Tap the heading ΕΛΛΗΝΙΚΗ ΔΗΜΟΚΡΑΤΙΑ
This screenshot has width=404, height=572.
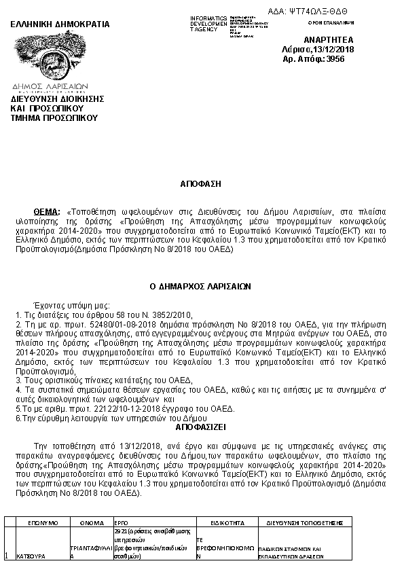click(x=59, y=24)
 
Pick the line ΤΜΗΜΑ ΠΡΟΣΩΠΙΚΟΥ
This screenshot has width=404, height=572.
click(x=54, y=118)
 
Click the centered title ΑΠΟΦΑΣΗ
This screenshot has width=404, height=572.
click(x=201, y=183)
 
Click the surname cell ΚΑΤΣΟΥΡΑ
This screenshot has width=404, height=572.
click(x=31, y=556)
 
